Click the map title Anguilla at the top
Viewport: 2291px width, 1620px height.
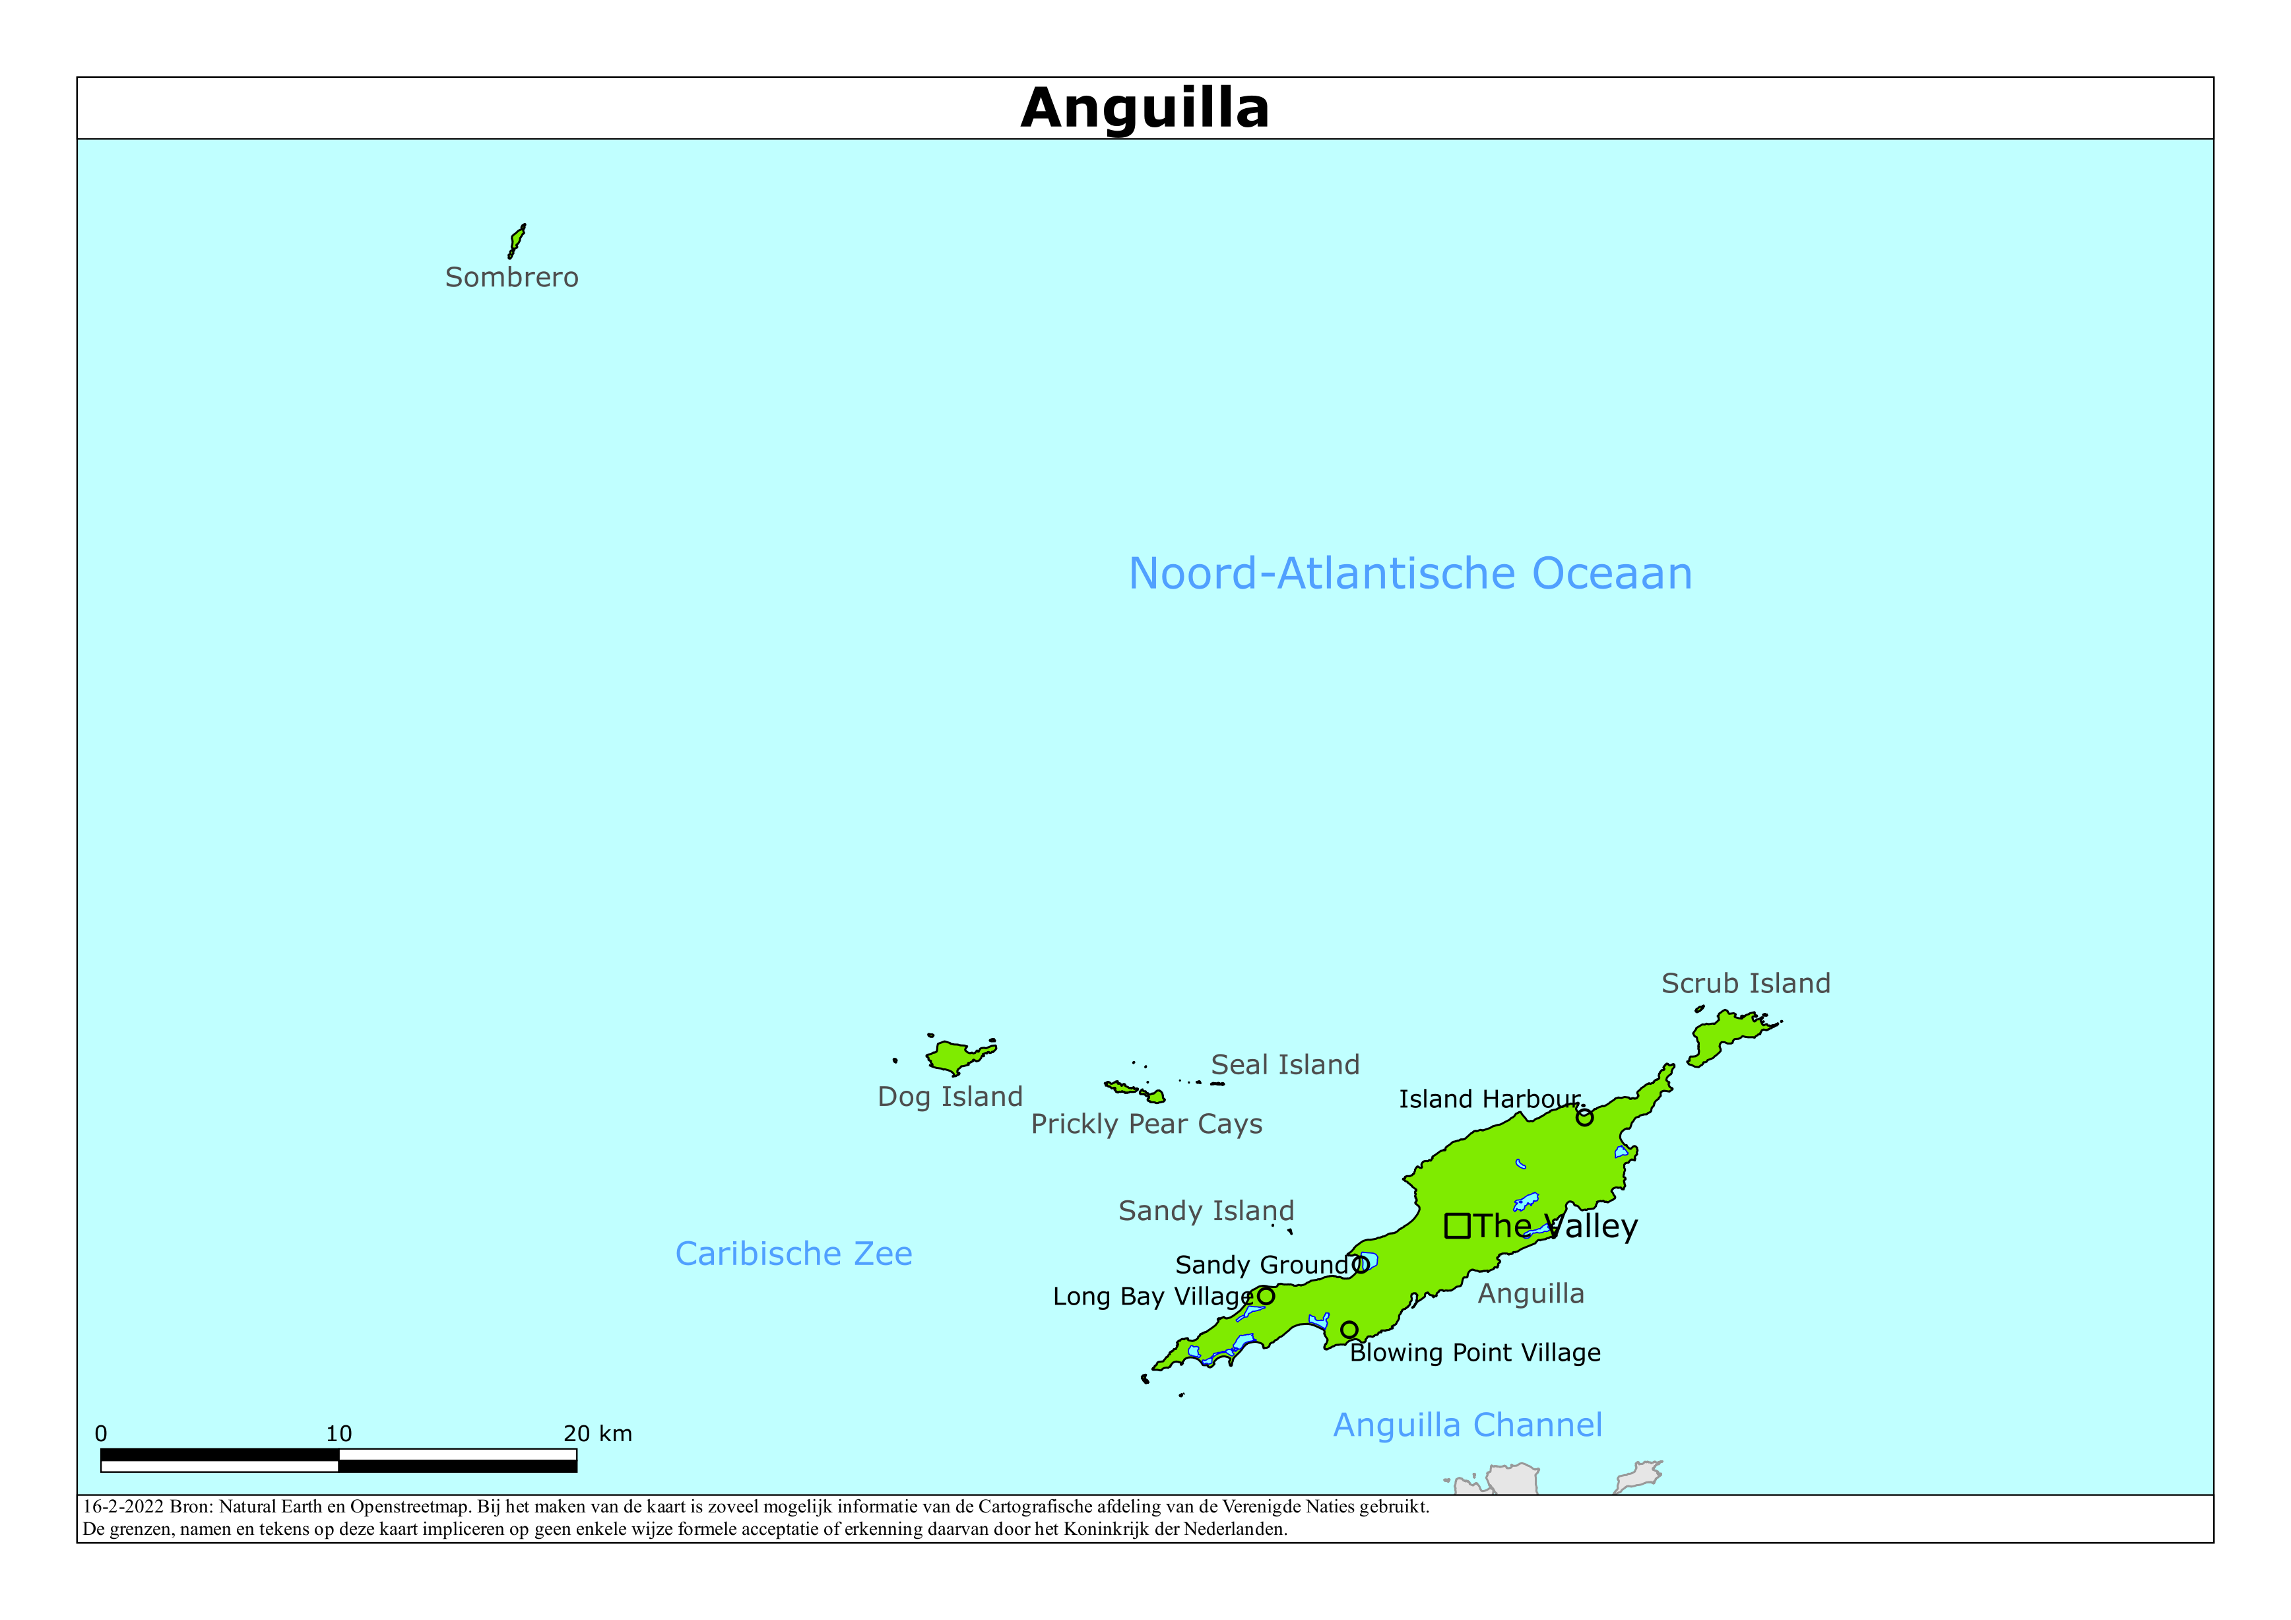coord(1144,108)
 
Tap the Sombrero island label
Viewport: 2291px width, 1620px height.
coord(511,278)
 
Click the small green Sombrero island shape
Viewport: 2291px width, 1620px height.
coord(516,240)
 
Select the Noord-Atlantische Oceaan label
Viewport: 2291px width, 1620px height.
coord(1410,574)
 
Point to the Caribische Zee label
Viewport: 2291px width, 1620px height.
coord(793,1254)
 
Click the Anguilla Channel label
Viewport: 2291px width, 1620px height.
coord(1468,1425)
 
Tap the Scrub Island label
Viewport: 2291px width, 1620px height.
coord(1745,984)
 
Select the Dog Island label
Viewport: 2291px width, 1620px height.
coord(950,1097)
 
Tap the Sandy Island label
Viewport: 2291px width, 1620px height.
coord(1206,1212)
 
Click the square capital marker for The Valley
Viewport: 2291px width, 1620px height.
coord(1457,1226)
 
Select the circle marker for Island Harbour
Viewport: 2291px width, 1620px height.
coord(1584,1118)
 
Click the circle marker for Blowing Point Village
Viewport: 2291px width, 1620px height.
coord(1349,1330)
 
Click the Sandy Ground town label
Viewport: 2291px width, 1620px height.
coord(1261,1266)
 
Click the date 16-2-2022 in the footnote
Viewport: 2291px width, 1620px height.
coord(123,1507)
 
